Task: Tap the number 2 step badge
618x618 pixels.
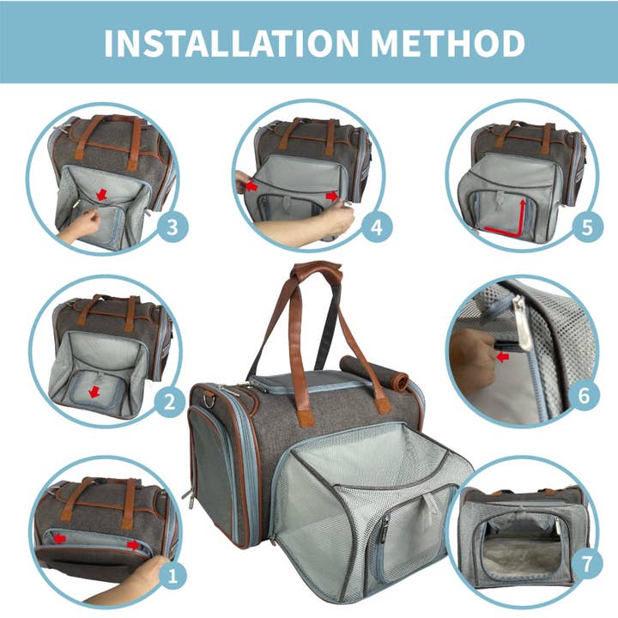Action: coord(169,400)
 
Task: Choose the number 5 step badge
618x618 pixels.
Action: coord(585,227)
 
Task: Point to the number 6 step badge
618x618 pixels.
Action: coord(584,396)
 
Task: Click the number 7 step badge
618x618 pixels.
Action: coord(585,565)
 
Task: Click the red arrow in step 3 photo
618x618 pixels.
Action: coord(102,196)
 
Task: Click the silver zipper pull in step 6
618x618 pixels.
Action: coord(521,316)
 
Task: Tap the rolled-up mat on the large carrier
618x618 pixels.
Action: coord(373,364)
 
